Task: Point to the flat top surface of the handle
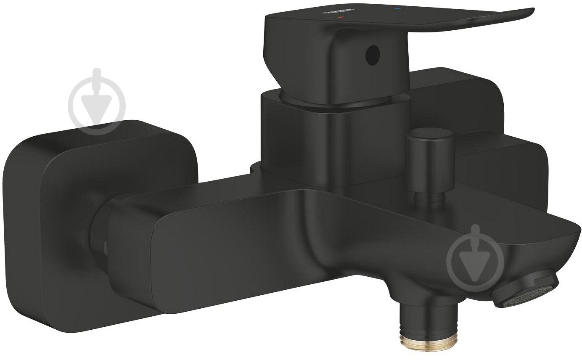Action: [421, 19]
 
